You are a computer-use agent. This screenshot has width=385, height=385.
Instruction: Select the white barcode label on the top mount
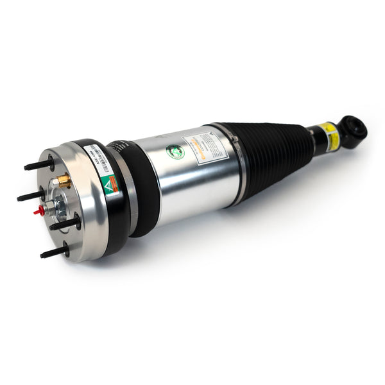(x=94, y=157)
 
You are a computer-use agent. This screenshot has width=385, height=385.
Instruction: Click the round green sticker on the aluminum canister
(x=175, y=152)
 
